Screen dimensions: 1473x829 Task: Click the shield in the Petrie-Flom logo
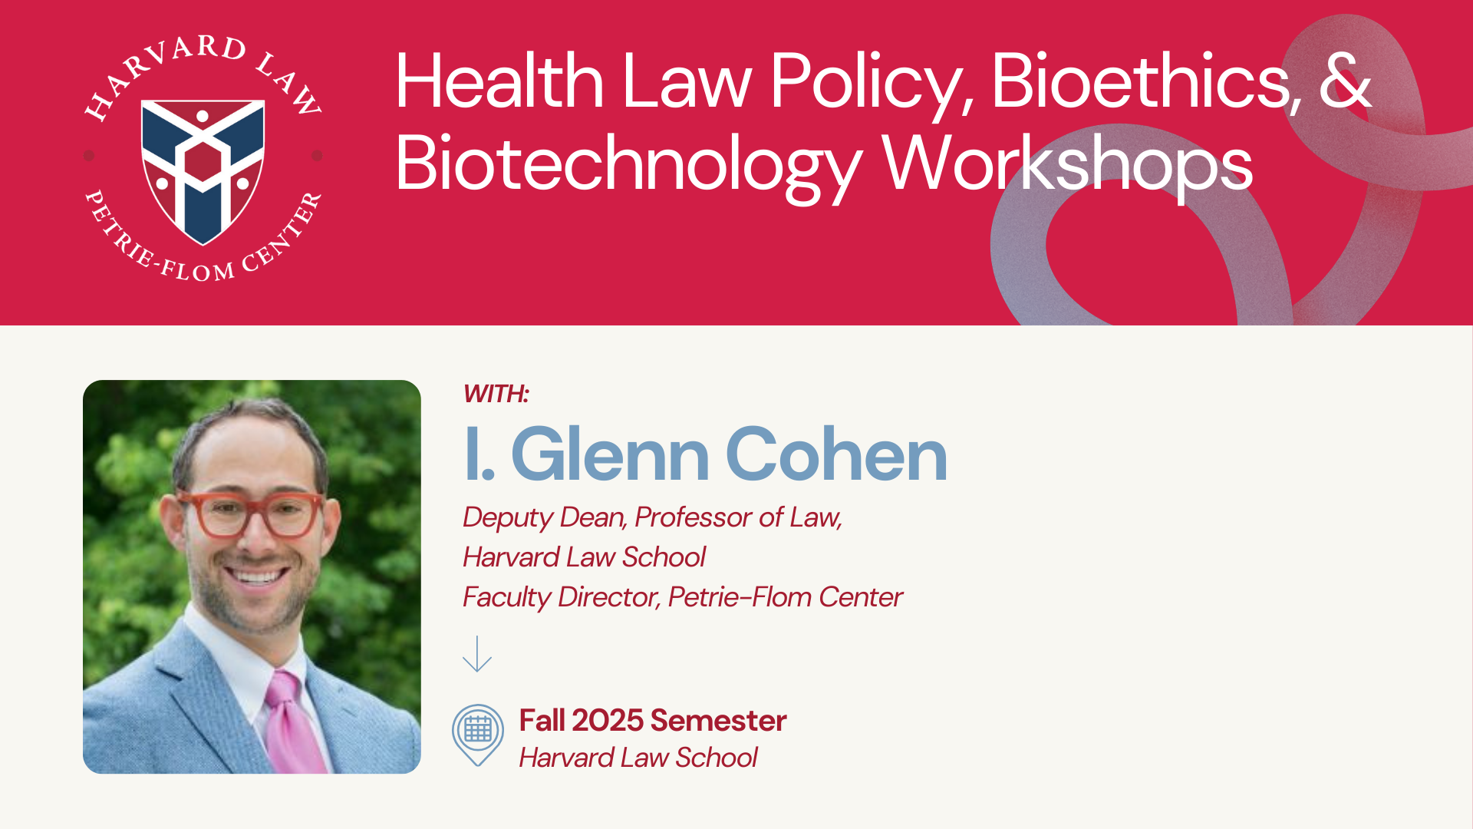tap(203, 171)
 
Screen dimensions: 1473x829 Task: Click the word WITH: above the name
tap(496, 394)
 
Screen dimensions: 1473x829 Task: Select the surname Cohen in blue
tap(836, 454)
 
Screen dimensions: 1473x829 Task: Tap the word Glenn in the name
tap(610, 454)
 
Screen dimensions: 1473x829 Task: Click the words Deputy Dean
tap(543, 518)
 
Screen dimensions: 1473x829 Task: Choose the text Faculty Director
tap(561, 597)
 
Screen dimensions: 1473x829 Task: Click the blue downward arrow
tap(477, 653)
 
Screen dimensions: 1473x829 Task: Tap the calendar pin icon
tap(478, 735)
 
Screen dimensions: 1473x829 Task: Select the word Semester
tap(718, 721)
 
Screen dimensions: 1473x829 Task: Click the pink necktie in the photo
tap(295, 722)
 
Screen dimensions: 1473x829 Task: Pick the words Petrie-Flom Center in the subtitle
tap(786, 597)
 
